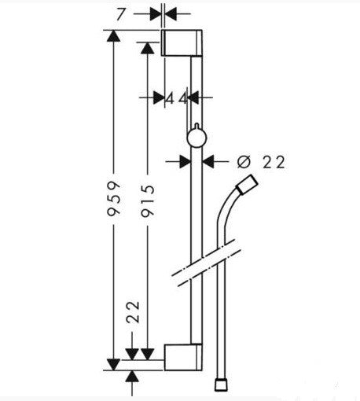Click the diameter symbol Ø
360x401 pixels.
click(243, 161)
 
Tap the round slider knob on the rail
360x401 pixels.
click(195, 139)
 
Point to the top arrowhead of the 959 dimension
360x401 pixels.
click(115, 36)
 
